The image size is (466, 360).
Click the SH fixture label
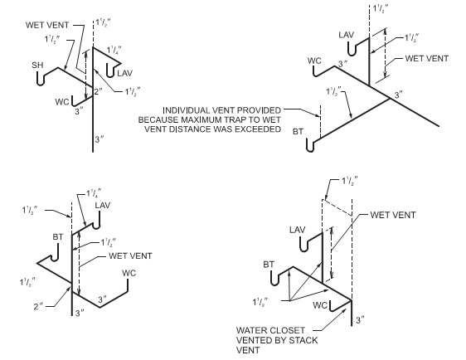pos(37,65)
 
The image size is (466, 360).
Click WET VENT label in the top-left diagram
pos(47,25)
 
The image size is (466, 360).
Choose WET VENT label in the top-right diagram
pos(427,58)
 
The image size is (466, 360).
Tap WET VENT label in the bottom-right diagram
pos(393,215)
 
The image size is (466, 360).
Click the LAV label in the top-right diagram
pos(347,35)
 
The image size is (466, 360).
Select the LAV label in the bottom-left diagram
pos(103,205)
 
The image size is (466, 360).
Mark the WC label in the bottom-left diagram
pos(129,273)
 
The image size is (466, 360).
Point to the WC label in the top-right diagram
pos(314,61)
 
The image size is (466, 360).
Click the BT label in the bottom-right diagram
pos(269,265)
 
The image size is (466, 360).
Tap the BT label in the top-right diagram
pos(298,131)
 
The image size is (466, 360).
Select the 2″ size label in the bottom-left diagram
pos(38,306)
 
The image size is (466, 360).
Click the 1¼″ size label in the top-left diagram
pos(114,50)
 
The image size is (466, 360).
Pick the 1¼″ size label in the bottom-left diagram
pos(94,194)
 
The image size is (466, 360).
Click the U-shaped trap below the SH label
pos(41,79)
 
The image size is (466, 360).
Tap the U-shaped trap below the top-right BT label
pos(310,146)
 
